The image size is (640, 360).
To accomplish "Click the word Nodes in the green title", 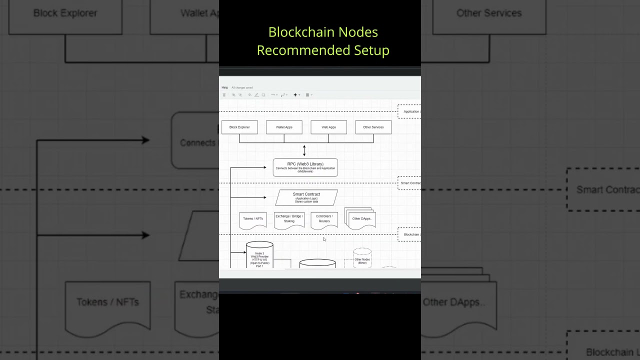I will point(358,32).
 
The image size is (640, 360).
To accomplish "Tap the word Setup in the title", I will point(371,50).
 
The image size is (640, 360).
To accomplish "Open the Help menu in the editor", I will point(225,87).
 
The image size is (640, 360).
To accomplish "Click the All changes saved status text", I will point(242,87).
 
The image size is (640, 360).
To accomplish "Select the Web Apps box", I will point(328,127).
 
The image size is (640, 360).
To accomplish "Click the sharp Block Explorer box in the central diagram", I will point(239,127).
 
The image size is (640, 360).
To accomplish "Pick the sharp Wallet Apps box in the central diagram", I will point(284,127).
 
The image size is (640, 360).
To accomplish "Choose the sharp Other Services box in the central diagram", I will point(373,127).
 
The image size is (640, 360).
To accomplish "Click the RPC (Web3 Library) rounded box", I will point(305,167).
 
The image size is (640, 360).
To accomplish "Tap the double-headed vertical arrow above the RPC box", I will point(304,150).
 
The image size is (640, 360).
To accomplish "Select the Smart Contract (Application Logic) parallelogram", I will point(306,197).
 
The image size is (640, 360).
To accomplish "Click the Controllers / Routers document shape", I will point(324,219).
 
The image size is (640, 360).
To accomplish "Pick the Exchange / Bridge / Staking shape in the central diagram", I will point(289,219).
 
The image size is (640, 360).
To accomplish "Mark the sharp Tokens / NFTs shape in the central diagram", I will point(253,219).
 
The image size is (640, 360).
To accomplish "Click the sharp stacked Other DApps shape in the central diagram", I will point(361,219).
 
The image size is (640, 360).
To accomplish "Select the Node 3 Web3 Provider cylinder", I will point(259,256).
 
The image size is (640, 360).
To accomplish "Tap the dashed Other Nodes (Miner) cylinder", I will point(362,258).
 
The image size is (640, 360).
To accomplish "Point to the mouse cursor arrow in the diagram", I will point(324,239).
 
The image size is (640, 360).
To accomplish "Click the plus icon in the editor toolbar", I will point(295,94).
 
